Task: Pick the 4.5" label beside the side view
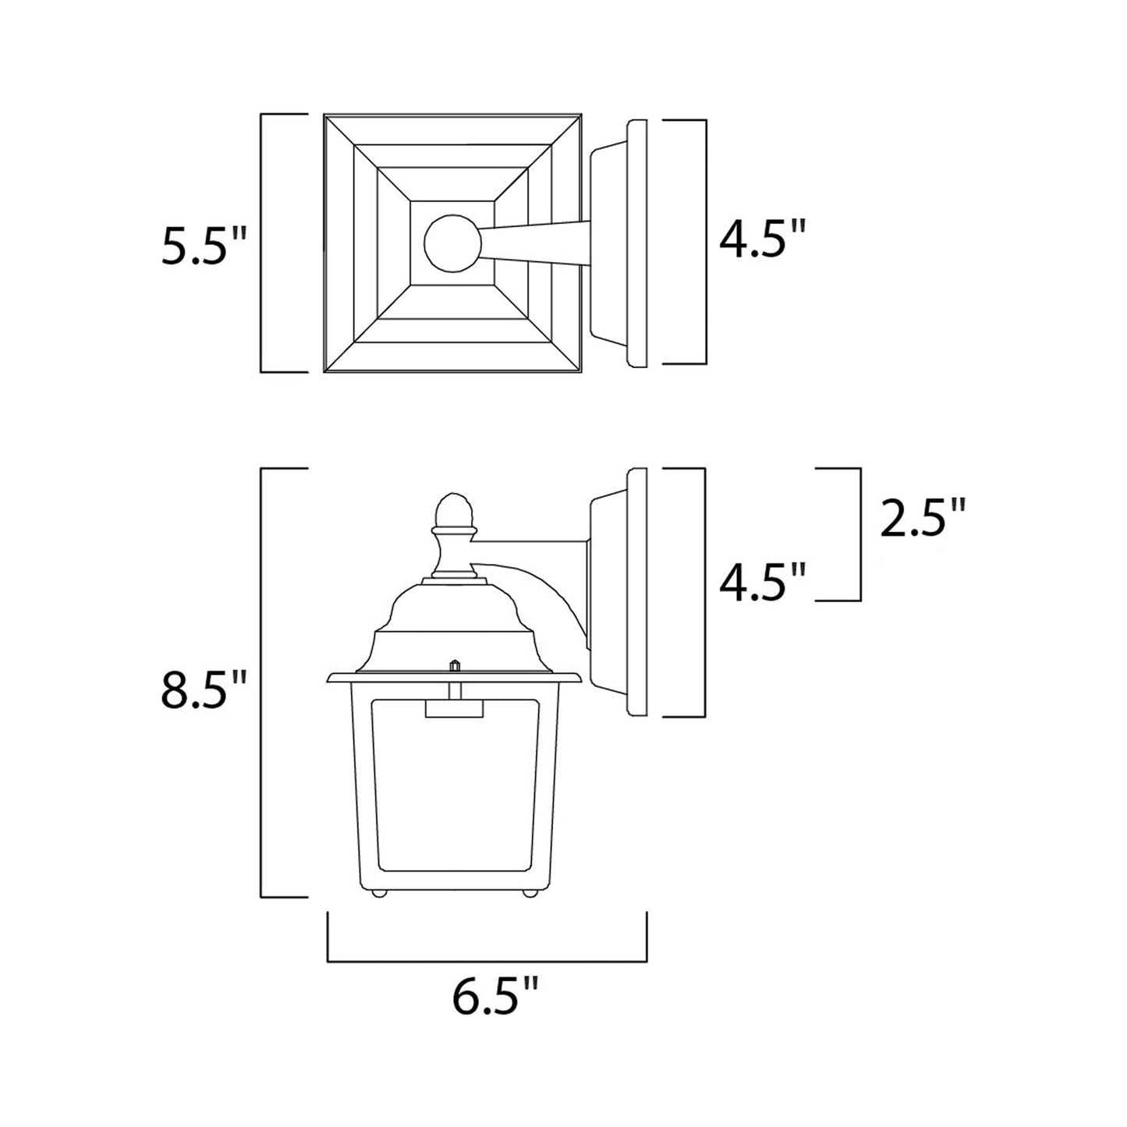click(761, 583)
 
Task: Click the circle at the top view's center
click(452, 243)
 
